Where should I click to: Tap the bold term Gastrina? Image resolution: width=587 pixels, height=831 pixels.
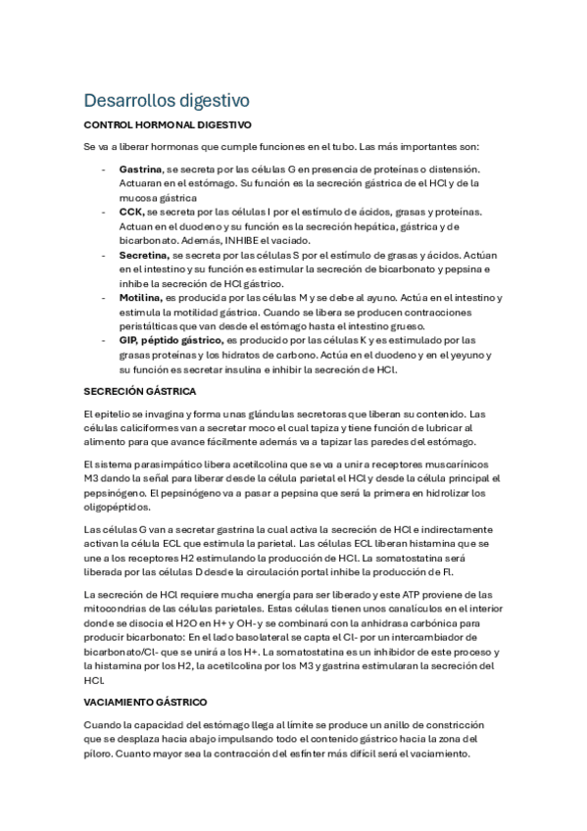click(140, 170)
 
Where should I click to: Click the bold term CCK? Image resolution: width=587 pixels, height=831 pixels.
click(131, 212)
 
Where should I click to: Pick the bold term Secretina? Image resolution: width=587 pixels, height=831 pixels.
click(143, 254)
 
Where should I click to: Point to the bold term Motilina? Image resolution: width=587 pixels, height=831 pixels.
click(141, 297)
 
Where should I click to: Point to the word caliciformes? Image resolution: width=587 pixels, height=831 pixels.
click(143, 427)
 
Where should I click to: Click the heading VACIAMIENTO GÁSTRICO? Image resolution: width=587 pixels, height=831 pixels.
click(146, 703)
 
